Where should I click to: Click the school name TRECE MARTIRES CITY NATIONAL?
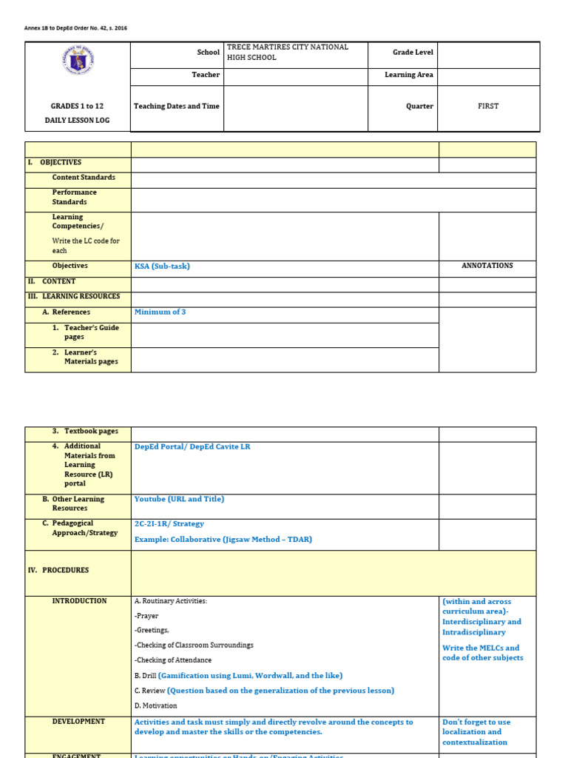288,47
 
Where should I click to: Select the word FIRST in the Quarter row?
488,106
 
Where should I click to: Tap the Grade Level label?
413,53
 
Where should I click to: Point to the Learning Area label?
409,75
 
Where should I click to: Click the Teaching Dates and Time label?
177,106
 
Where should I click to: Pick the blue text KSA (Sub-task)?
162,266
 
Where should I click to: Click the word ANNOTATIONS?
487,266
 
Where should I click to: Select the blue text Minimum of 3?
160,312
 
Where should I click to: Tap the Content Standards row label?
84,178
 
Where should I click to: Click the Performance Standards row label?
74,197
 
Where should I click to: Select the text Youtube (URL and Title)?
179,499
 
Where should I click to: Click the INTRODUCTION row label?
79,601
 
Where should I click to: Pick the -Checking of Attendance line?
173,660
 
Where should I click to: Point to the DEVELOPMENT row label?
78,722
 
